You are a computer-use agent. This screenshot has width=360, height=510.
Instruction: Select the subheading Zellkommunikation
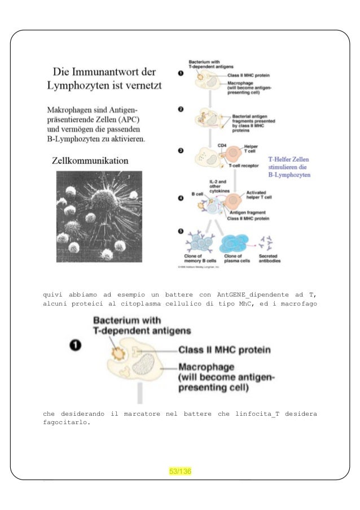click(90, 161)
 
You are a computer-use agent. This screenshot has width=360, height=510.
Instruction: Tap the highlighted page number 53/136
click(181, 472)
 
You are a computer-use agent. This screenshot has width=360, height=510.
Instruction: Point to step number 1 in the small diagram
click(181, 73)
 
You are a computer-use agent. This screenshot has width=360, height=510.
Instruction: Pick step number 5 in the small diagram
click(181, 231)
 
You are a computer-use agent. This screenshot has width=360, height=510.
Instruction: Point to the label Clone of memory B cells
click(201, 259)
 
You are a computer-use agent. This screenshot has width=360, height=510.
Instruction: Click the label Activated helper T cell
click(260, 195)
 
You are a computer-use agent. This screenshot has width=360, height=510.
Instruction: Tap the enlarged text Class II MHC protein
click(224, 350)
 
